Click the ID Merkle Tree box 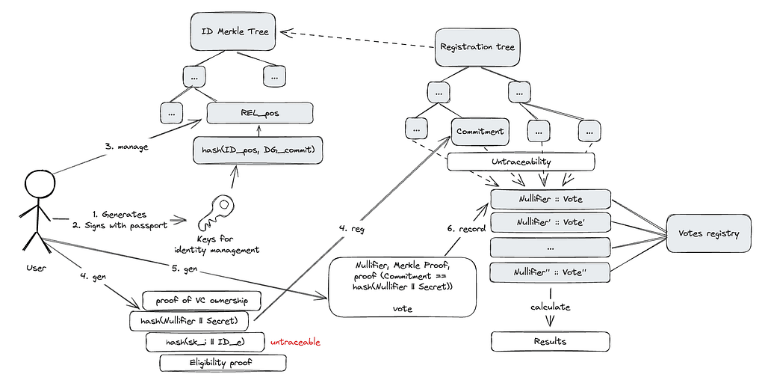click(x=234, y=31)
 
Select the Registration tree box click(x=477, y=47)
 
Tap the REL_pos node click(x=259, y=113)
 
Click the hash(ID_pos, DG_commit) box click(x=258, y=150)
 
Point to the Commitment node click(x=480, y=132)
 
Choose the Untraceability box click(x=521, y=162)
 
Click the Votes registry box click(x=708, y=233)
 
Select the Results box click(x=550, y=341)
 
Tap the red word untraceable click(x=296, y=342)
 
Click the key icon click(x=215, y=212)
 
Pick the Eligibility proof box click(x=223, y=363)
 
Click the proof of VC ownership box click(x=202, y=301)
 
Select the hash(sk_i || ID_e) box click(x=205, y=342)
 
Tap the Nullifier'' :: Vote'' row click(x=550, y=272)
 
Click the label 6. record click(x=466, y=228)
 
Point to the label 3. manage click(x=126, y=146)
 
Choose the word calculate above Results click(x=551, y=307)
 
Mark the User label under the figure click(x=36, y=268)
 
